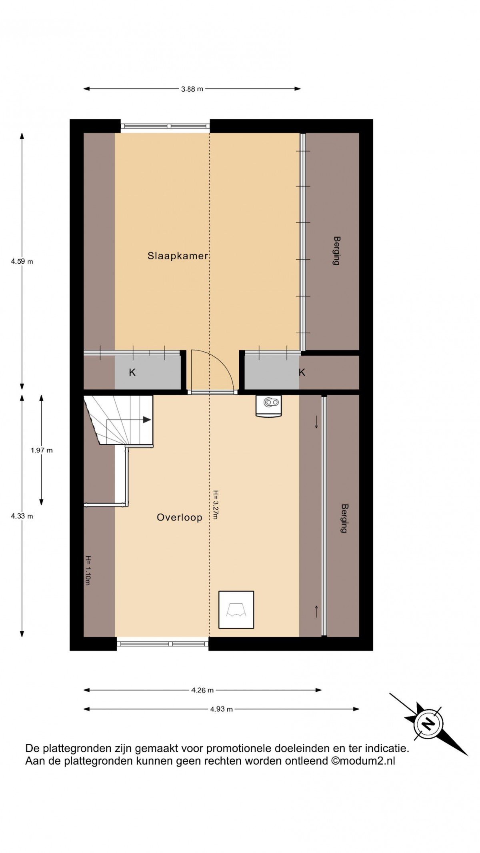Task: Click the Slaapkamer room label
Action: coord(178,256)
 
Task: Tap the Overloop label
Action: coord(179,517)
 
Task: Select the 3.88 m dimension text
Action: coord(192,89)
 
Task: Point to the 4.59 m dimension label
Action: coord(22,262)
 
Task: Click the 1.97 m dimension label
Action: coord(42,450)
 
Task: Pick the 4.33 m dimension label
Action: coord(22,516)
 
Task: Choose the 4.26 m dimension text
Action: coord(202,690)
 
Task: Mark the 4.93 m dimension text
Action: coord(221,709)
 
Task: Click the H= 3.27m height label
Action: coord(215,505)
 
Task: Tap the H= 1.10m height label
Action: coord(88,571)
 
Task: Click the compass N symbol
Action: coord(428,724)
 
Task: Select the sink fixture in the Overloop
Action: coord(268,406)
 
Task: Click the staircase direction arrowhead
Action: coord(147,420)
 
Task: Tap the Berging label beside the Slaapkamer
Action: coord(336,251)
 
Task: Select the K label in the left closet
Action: coord(132,372)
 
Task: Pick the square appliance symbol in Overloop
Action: coord(236,610)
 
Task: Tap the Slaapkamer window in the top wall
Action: coord(165,126)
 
